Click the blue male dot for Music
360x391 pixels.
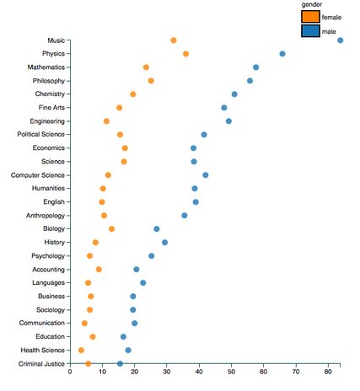point(340,40)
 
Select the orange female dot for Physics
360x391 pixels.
point(185,54)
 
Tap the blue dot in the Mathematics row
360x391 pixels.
point(255,67)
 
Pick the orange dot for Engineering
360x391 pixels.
point(106,121)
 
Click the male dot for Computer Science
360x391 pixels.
point(206,175)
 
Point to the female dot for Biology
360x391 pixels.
point(111,228)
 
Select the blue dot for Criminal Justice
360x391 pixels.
point(120,363)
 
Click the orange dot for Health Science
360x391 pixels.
point(81,350)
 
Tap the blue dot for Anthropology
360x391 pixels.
point(185,216)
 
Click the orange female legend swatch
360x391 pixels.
point(310,16)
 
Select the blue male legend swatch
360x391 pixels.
point(310,31)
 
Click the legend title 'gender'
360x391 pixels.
point(311,4)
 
